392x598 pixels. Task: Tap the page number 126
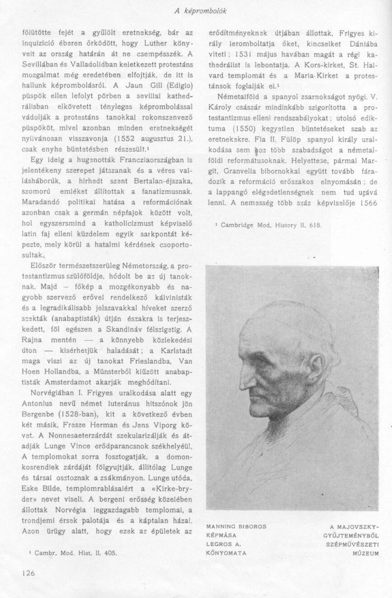pos(29,572)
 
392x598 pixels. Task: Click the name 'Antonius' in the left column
pos(39,386)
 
